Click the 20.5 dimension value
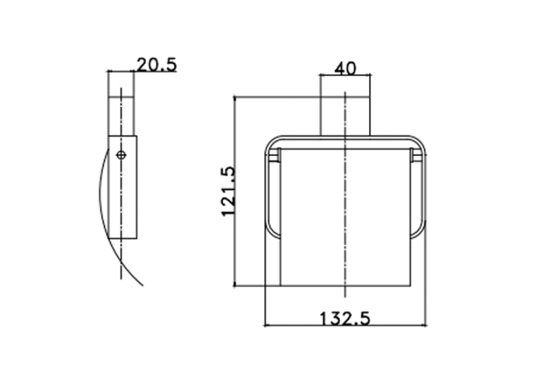click(x=157, y=65)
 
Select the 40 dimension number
click(x=345, y=69)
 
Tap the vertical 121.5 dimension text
click(x=229, y=192)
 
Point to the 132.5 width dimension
click(x=344, y=319)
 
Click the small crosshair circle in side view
click(x=121, y=155)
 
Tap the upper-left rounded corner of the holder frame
click(x=273, y=143)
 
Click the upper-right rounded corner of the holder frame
click(x=419, y=143)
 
